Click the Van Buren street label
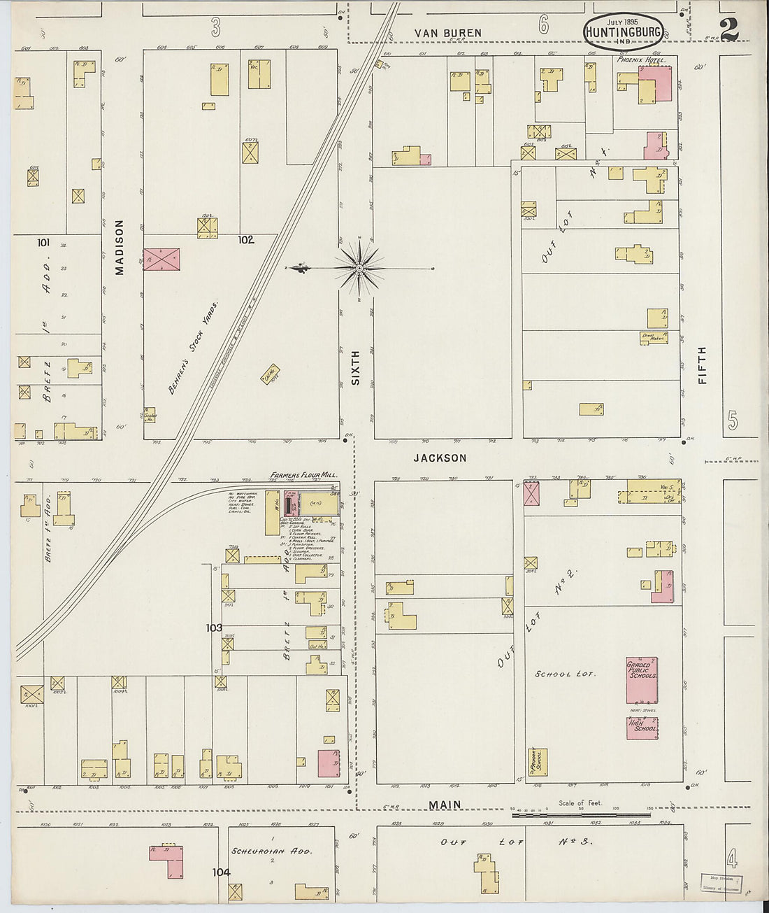click(447, 33)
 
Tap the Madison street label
click(120, 247)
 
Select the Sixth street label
click(355, 368)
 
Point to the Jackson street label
click(440, 458)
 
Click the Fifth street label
click(702, 365)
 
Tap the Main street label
click(445, 805)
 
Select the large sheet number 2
click(728, 30)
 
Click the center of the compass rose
click(359, 268)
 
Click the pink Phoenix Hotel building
click(657, 85)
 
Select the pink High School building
click(642, 728)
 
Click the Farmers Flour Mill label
click(303, 476)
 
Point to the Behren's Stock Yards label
click(193, 348)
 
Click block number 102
click(245, 239)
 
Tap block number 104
click(221, 872)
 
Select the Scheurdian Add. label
click(271, 851)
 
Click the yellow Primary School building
click(538, 763)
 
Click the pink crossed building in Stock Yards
click(161, 260)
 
